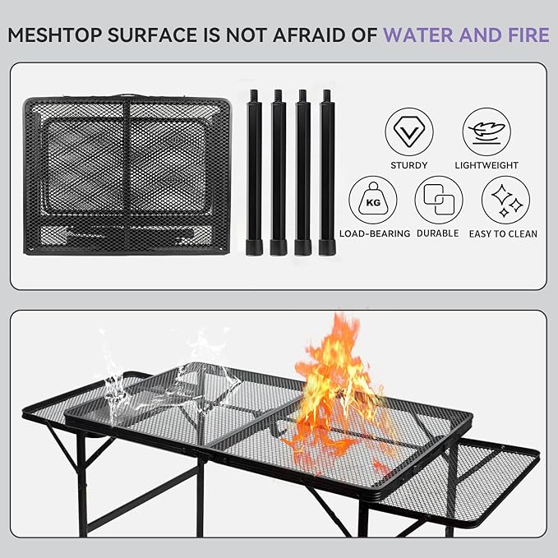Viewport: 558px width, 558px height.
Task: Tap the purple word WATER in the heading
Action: (x=427, y=35)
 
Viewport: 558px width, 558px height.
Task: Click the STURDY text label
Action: (x=409, y=165)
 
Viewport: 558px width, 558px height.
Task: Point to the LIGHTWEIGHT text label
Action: (x=487, y=165)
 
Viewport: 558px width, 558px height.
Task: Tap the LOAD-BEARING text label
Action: (x=375, y=234)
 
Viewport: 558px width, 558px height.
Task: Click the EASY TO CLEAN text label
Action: (x=504, y=234)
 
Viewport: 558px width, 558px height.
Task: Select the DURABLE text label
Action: (x=438, y=234)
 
